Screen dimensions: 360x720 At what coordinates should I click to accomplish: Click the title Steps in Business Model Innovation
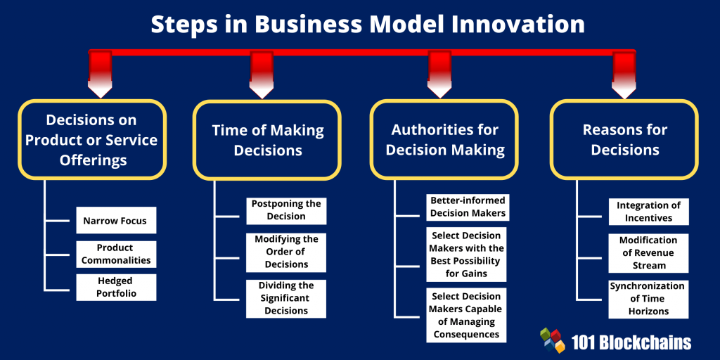[368, 25]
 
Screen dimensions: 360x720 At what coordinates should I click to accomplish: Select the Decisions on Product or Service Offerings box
[91, 140]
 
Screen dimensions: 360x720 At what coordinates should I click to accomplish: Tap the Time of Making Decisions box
[268, 140]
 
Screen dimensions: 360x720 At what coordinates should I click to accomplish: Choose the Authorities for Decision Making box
[445, 140]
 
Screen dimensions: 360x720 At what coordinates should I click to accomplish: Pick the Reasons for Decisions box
[624, 140]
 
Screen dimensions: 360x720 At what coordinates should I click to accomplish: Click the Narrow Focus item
[115, 221]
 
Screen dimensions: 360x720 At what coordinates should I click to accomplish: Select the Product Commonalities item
[115, 254]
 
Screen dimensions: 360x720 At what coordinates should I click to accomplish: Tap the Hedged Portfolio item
[115, 288]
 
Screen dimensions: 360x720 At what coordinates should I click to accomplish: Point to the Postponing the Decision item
[286, 210]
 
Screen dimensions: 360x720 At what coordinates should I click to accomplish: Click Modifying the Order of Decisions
[286, 252]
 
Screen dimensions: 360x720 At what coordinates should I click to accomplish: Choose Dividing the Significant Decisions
[286, 298]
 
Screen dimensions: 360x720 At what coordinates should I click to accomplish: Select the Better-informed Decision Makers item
[467, 207]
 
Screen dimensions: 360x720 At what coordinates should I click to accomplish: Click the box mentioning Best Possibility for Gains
[467, 254]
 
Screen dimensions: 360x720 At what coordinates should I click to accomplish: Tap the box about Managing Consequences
[467, 315]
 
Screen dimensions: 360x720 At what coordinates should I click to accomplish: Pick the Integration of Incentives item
[648, 212]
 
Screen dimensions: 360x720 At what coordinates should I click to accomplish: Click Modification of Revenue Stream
[648, 253]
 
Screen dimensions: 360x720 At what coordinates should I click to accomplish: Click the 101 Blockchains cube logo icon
[553, 340]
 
